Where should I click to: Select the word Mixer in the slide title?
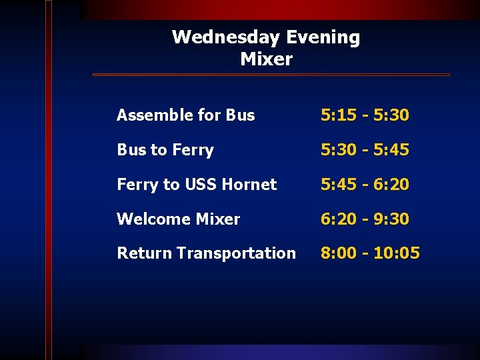pyautogui.click(x=266, y=59)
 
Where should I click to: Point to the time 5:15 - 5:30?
pyautogui.click(x=365, y=115)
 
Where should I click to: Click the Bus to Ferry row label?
pyautogui.click(x=165, y=150)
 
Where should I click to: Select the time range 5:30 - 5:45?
pyautogui.click(x=365, y=150)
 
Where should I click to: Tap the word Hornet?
pyautogui.click(x=250, y=185)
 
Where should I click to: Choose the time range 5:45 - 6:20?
pyautogui.click(x=365, y=185)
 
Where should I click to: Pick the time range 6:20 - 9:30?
pyautogui.click(x=365, y=219)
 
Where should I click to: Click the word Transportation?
pyautogui.click(x=237, y=253)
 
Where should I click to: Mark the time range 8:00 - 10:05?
pyautogui.click(x=370, y=253)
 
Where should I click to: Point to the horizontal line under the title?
pyautogui.click(x=270, y=75)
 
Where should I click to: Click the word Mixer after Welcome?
pyautogui.click(x=217, y=219)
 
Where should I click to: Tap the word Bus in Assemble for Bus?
pyautogui.click(x=240, y=115)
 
